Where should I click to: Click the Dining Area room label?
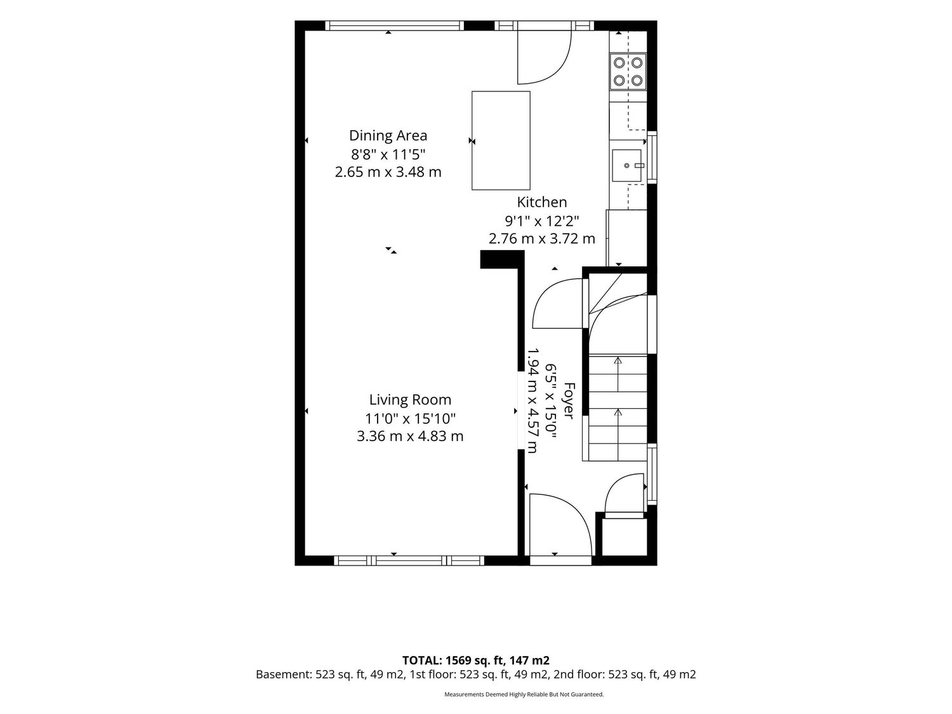[388, 136]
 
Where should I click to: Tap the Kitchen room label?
[542, 202]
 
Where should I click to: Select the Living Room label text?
[410, 400]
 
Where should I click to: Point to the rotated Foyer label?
[569, 401]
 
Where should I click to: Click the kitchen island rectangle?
[501, 140]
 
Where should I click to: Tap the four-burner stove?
[628, 72]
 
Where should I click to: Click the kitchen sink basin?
[626, 165]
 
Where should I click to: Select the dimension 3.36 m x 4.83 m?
[410, 436]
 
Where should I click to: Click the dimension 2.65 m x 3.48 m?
[388, 172]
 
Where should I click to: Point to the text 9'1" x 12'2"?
[542, 221]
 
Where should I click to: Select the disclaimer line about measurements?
[524, 694]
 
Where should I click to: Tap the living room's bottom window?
[409, 560]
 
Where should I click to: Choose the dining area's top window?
[395, 25]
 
